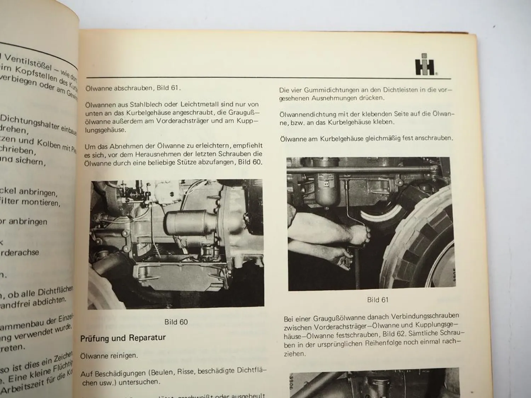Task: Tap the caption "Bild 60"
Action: click(176, 322)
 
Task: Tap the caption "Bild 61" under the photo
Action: click(378, 300)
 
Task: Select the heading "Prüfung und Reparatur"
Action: click(123, 338)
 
